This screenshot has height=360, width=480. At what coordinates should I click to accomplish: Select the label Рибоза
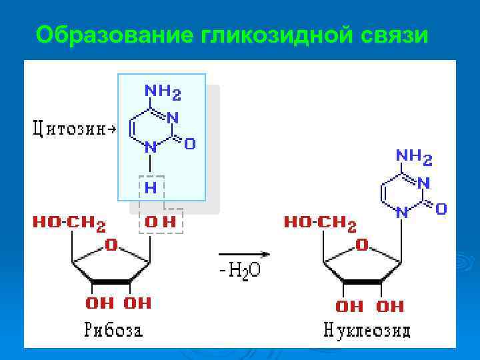coord(113,329)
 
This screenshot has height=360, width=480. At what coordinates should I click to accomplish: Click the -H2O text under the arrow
coord(243,271)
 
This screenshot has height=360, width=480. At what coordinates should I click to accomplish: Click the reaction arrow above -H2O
coord(244,254)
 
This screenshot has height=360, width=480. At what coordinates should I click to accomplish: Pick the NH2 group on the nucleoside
coord(414,157)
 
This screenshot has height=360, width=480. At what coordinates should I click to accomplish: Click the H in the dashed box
coord(151,188)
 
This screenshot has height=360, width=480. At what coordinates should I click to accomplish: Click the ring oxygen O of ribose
coord(111,245)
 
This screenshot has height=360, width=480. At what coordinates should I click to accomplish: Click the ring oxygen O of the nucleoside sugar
coord(362,245)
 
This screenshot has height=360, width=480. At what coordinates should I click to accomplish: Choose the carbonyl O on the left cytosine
coord(190,143)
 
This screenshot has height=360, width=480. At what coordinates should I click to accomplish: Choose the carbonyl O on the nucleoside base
coord(441,209)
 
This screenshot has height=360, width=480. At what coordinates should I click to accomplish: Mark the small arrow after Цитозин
coord(111,129)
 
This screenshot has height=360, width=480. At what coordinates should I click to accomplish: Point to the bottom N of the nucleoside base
coord(401,213)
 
